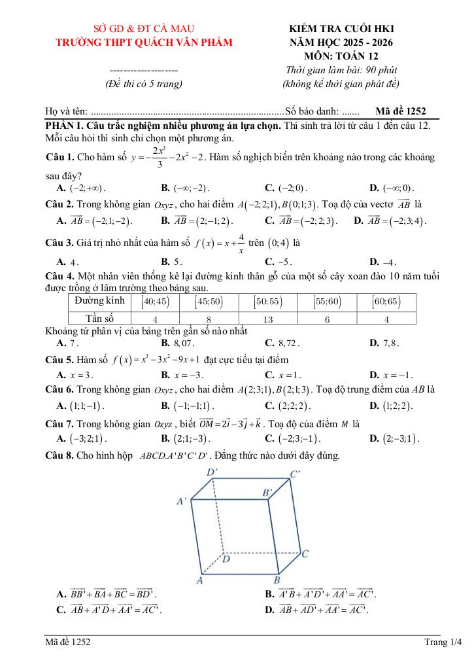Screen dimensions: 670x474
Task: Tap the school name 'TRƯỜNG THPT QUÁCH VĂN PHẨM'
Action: click(x=144, y=43)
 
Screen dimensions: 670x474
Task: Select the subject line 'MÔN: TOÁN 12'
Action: click(x=342, y=56)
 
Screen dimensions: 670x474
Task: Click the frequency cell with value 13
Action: click(x=267, y=319)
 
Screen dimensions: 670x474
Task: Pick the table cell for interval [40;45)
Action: click(x=155, y=302)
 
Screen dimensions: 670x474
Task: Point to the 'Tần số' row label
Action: click(x=99, y=319)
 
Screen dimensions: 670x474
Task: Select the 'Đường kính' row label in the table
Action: click(x=99, y=301)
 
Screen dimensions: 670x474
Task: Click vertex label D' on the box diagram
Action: click(x=212, y=472)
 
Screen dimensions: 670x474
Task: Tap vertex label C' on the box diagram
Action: click(x=296, y=474)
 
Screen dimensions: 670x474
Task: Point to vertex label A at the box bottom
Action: click(x=200, y=580)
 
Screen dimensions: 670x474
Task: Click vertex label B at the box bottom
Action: click(x=277, y=580)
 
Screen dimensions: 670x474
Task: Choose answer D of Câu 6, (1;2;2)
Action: click(x=392, y=406)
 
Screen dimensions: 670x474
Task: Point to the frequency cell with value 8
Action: click(x=209, y=319)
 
